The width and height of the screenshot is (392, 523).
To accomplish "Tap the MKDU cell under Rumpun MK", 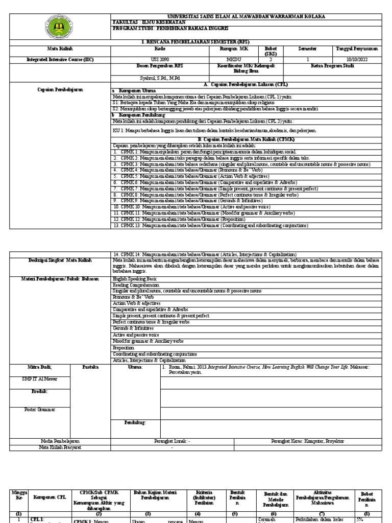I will click(221, 59).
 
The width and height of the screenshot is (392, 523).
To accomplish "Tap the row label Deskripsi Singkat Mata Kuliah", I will click(60, 260).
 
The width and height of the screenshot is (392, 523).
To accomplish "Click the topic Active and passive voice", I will click(135, 335).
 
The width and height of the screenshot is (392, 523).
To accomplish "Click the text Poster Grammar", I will click(39, 409).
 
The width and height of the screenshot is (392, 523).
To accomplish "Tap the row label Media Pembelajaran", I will click(60, 440).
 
